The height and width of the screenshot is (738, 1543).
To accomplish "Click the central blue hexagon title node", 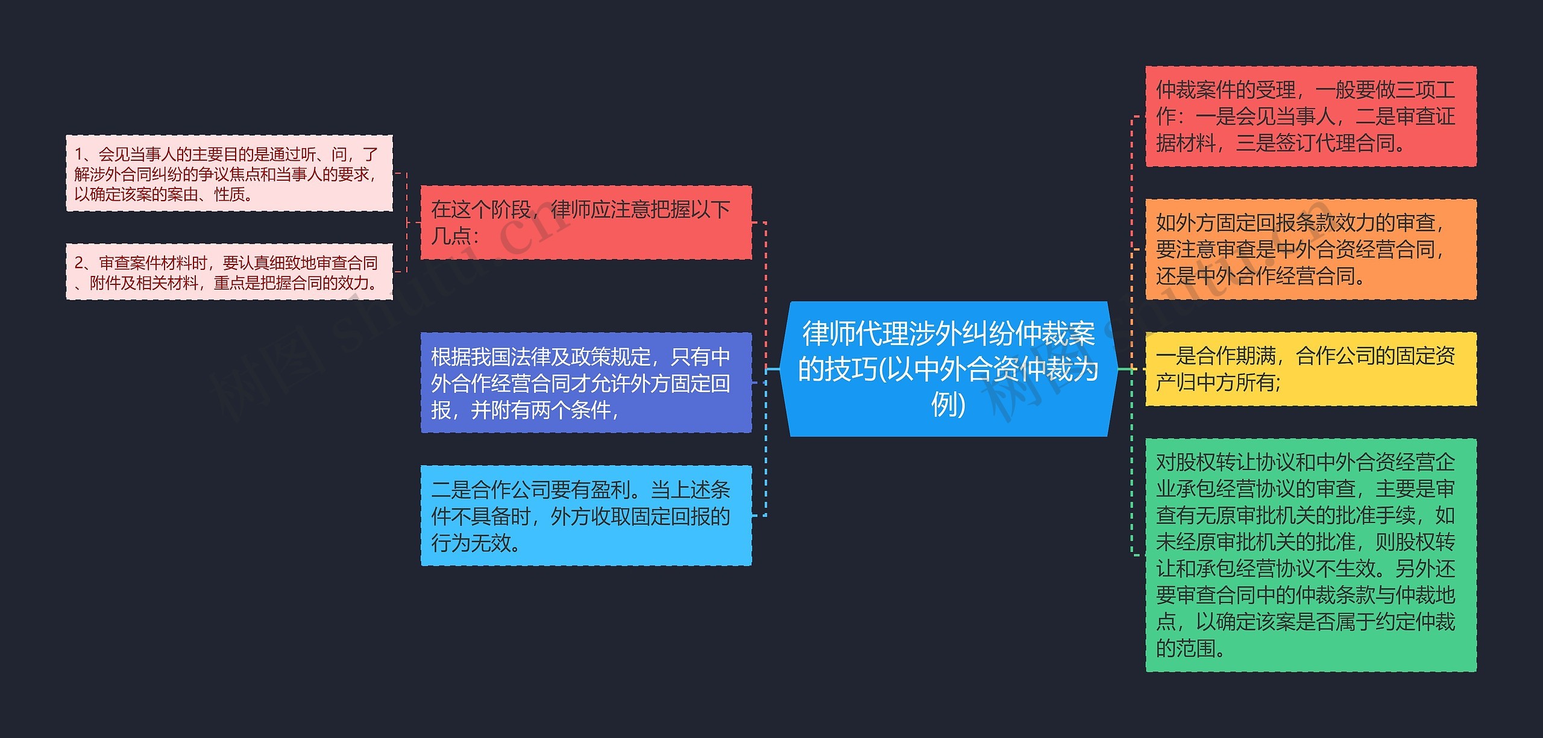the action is [949, 369].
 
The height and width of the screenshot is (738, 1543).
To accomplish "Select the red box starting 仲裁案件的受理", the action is [1310, 116].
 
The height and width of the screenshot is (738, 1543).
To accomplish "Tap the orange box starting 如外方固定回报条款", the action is [1310, 249].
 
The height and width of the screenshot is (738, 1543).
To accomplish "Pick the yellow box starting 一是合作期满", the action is [1310, 369].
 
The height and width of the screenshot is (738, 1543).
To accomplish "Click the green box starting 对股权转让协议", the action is [1310, 555].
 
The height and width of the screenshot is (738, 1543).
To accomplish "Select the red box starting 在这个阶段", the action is [586, 222].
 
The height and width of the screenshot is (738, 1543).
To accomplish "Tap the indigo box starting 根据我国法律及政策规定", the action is [586, 383].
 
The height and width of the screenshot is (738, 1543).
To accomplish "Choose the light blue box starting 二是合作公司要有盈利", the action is [586, 516].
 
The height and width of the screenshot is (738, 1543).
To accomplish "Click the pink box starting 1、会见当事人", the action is [229, 174].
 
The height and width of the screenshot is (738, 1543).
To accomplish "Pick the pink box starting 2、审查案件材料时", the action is [229, 272].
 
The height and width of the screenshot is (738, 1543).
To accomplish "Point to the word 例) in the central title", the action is [948, 404].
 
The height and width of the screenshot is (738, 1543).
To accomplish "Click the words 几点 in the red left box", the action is [451, 236].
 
